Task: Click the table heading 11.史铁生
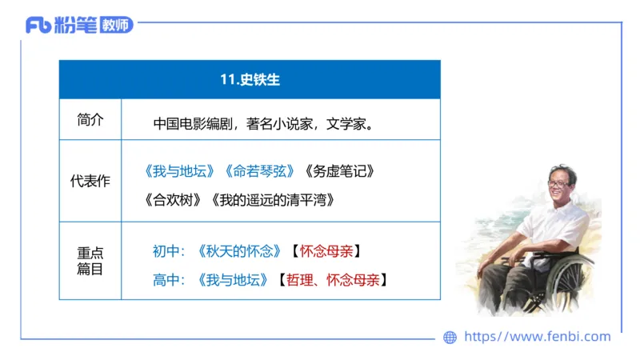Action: (250, 79)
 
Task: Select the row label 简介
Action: (90, 120)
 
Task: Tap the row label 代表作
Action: (90, 181)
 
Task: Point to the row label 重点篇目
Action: (90, 261)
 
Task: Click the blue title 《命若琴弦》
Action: (261, 171)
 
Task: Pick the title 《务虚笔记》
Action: (340, 171)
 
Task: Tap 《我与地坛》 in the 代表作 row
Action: (181, 171)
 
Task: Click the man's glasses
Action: (558, 184)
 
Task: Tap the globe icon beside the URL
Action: (450, 338)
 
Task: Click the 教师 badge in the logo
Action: (117, 25)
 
